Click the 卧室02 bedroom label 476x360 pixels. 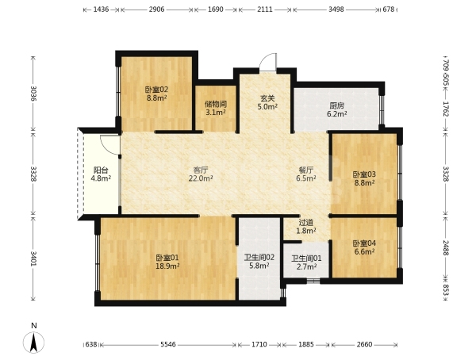156,90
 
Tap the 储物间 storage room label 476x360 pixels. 216,104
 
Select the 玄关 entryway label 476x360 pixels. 267,98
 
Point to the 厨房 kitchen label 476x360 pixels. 337,106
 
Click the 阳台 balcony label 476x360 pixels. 101,170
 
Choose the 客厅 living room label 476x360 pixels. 201,170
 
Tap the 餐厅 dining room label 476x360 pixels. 306,170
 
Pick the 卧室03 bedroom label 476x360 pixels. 364,174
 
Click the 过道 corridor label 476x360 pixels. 306,223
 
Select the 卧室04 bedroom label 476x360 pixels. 364,243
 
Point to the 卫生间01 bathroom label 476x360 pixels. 306,259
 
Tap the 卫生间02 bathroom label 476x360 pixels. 259,258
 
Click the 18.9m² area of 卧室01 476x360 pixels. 167,266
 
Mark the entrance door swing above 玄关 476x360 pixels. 268,62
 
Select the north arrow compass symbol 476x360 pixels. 33,343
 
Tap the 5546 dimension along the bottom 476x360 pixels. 168,344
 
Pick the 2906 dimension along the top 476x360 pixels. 156,10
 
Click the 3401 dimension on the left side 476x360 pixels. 33,259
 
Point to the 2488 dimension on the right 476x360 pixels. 445,247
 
